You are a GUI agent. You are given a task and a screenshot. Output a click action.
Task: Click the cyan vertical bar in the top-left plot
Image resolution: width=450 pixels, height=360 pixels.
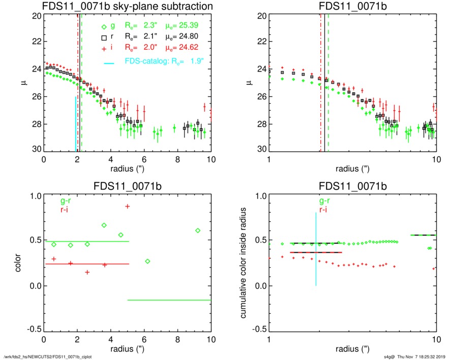(76, 124)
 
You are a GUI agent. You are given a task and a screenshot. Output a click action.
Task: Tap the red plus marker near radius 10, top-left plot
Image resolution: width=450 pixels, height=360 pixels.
(204, 107)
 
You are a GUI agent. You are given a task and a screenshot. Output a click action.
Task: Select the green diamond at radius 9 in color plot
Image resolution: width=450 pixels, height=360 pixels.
(198, 230)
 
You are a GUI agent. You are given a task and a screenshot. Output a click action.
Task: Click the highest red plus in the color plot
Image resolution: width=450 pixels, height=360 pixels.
(127, 206)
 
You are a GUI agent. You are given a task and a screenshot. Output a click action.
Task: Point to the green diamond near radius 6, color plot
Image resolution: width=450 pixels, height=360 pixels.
(147, 261)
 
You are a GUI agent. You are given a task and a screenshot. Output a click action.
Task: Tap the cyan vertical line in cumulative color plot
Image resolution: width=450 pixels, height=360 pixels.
(316, 249)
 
